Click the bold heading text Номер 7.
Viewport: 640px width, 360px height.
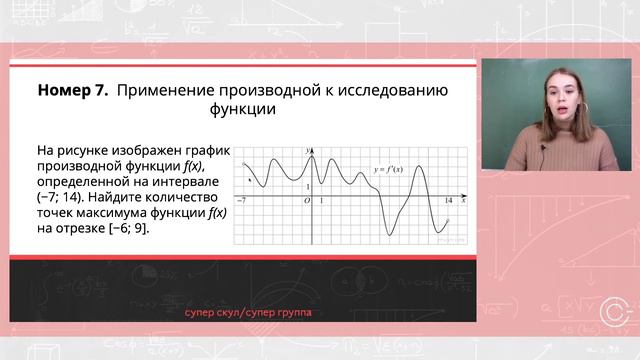pyautogui.click(x=73, y=90)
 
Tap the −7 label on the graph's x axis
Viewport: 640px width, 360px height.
pyautogui.click(x=242, y=201)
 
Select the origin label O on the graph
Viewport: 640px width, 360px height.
pyautogui.click(x=306, y=201)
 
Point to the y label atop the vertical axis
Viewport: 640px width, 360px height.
pyautogui.click(x=307, y=148)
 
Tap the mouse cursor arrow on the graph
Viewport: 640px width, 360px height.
pyautogui.click(x=249, y=180)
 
